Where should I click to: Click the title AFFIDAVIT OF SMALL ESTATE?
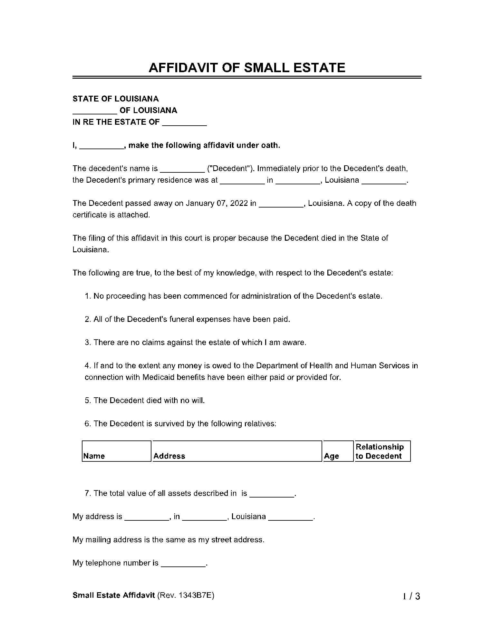pyautogui.click(x=247, y=68)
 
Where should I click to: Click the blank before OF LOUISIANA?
pyautogui.click(x=95, y=111)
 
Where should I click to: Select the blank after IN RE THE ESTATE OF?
pyautogui.click(x=184, y=123)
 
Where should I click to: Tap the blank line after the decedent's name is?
pyautogui.click(x=182, y=169)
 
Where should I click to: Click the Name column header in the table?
pyautogui.click(x=94, y=456)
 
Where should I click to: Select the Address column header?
pyautogui.click(x=169, y=456)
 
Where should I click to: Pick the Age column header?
pyautogui.click(x=332, y=456)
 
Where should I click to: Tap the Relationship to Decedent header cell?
pyautogui.click(x=380, y=451)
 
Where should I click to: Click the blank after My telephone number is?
pyautogui.click(x=183, y=564)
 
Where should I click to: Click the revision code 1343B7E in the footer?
pyautogui.click(x=196, y=595)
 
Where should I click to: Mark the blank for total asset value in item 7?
pyautogui.click(x=272, y=494)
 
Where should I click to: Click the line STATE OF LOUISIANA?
pyautogui.click(x=116, y=99)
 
